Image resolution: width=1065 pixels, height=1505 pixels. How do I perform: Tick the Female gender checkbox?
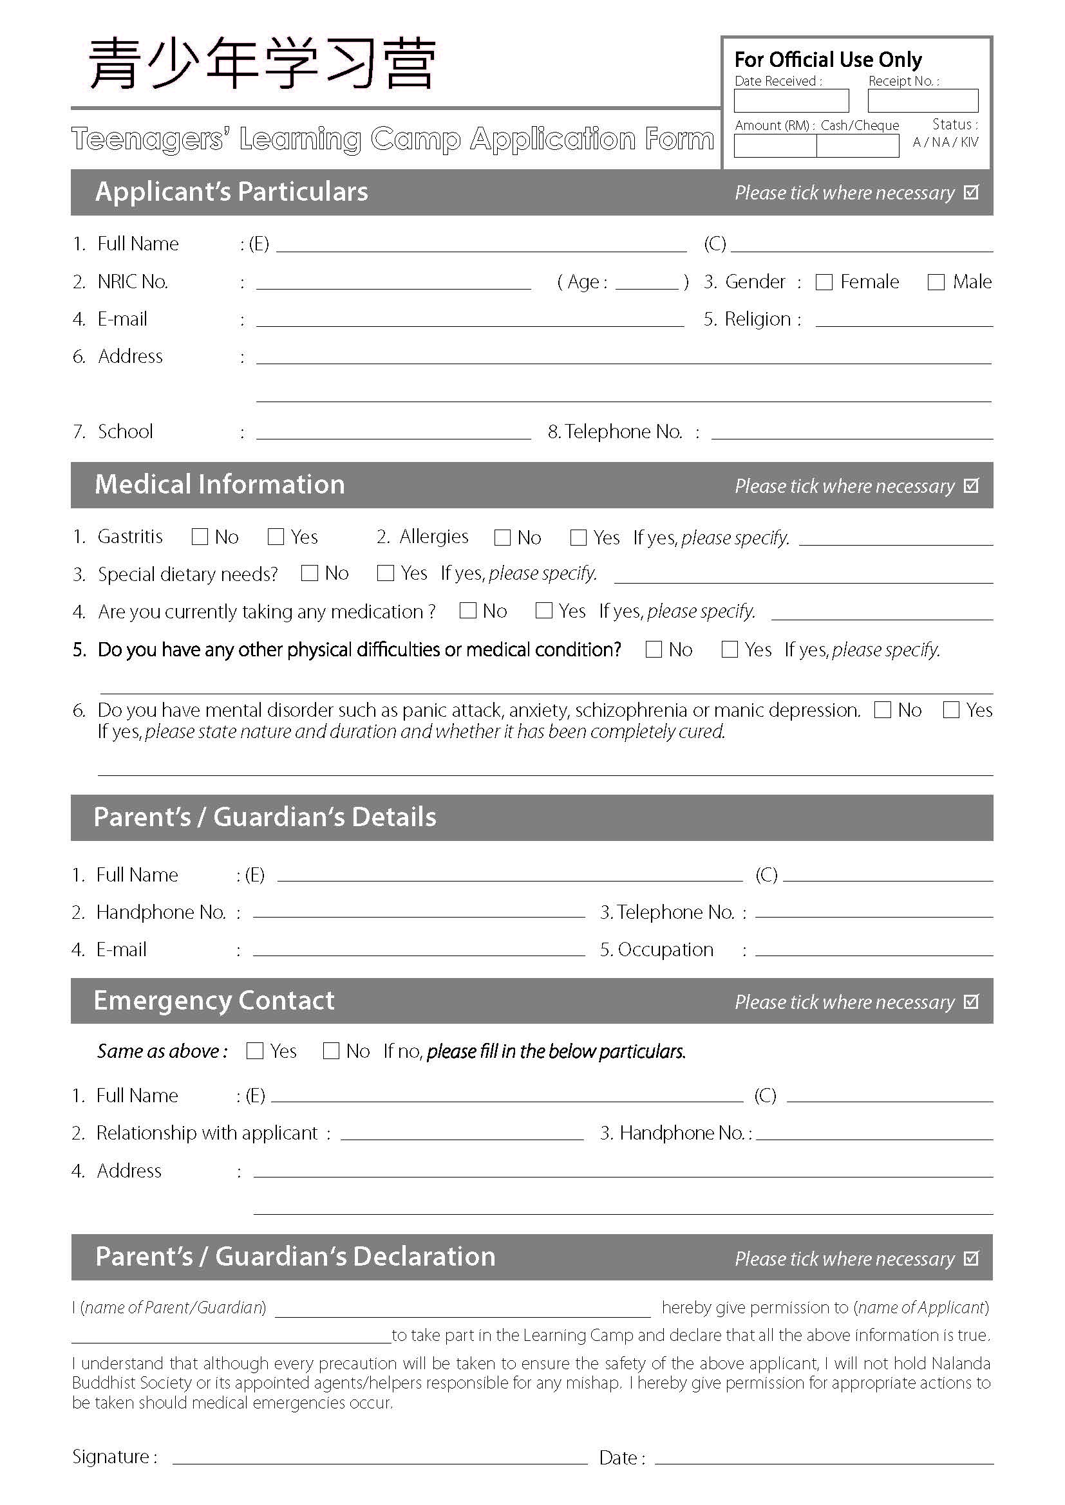pyautogui.click(x=824, y=282)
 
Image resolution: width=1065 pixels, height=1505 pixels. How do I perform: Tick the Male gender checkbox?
pyautogui.click(x=936, y=282)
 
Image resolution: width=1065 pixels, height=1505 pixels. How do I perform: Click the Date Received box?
pyautogui.click(x=791, y=101)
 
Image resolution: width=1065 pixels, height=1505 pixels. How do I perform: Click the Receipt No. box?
pyautogui.click(x=922, y=101)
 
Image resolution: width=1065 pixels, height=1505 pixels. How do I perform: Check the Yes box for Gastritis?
pyautogui.click(x=276, y=537)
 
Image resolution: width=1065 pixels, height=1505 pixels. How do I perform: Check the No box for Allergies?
pyautogui.click(x=502, y=537)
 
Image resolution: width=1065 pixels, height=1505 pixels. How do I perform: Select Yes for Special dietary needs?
pyautogui.click(x=386, y=573)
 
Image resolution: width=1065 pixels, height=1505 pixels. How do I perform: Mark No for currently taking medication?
pyautogui.click(x=467, y=610)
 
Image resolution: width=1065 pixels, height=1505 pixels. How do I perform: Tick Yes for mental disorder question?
pyautogui.click(x=950, y=710)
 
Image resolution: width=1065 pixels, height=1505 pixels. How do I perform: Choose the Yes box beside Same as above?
pyautogui.click(x=254, y=1051)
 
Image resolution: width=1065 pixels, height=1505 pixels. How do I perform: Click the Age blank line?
pyautogui.click(x=646, y=283)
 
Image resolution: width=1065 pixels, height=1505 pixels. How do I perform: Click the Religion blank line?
pyautogui.click(x=903, y=320)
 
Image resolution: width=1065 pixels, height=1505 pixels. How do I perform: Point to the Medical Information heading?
pyautogui.click(x=220, y=485)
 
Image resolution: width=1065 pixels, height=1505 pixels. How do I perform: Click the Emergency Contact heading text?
pyautogui.click(x=214, y=1001)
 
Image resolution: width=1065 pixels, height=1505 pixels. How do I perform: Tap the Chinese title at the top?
pyautogui.click(x=262, y=64)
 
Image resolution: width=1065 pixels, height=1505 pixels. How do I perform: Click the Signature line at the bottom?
pyautogui.click(x=379, y=1458)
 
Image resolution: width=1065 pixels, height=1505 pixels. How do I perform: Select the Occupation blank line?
pyautogui.click(x=874, y=950)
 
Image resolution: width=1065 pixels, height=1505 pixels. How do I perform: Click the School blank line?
pyautogui.click(x=393, y=432)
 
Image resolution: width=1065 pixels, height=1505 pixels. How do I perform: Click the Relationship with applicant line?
pyautogui.click(x=462, y=1134)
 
